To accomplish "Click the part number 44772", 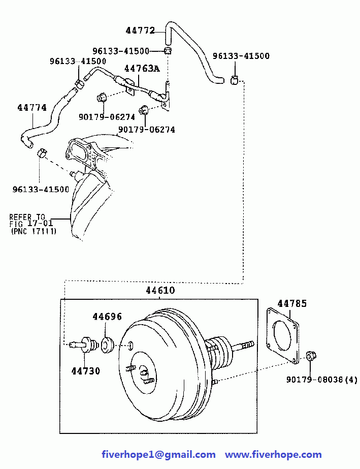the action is point(140,30).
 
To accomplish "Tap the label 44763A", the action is point(142,69).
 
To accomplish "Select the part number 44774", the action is point(32,108).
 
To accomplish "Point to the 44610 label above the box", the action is point(160,290).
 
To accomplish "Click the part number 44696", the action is point(107,317).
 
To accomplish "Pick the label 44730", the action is point(85,371).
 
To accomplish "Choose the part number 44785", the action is point(292,303).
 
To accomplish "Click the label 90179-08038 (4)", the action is point(322,380).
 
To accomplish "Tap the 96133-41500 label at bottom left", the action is point(41,190).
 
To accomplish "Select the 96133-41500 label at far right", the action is point(241,56).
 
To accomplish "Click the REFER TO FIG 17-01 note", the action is point(32,224).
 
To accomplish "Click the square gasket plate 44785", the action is point(282,336).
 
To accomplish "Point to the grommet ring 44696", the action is point(107,345).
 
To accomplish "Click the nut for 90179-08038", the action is point(311,356).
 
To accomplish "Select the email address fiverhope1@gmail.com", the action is point(158,455).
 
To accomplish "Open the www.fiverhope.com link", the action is point(273,455).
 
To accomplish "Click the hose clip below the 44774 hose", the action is point(42,153).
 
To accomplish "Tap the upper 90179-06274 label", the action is point(107,117).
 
